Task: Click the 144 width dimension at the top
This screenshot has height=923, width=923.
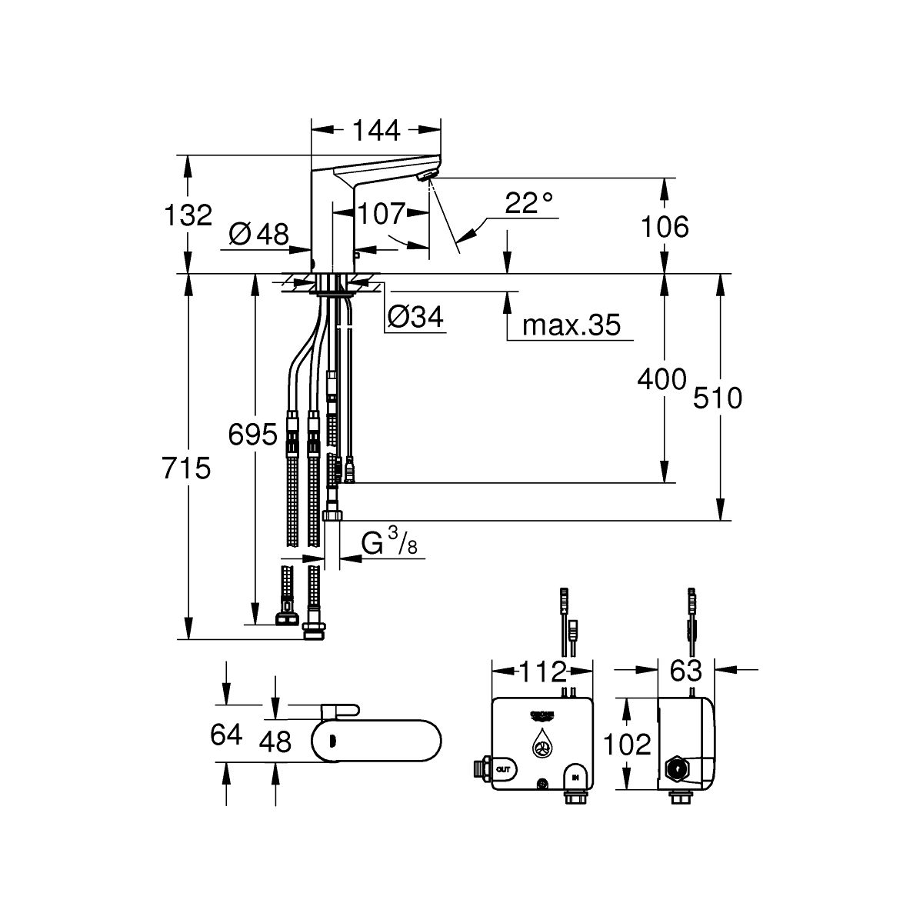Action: coord(376,130)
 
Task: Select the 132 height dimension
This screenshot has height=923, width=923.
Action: coord(188,215)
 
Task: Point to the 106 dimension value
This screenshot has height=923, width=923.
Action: coord(665,227)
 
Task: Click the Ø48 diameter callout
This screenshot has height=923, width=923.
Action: coord(258,235)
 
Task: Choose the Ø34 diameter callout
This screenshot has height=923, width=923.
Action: coord(415,317)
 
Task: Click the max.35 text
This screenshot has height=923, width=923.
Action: coord(571,325)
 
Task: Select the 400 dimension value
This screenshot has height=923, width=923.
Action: coord(662,379)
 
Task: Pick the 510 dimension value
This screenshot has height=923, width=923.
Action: coord(718,398)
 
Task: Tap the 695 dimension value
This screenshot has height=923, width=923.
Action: coord(252,435)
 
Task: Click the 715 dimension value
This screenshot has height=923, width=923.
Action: coord(186,468)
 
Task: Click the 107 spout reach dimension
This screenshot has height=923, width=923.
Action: coord(382,214)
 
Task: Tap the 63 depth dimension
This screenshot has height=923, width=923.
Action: coord(686,670)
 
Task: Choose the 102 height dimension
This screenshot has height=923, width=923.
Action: coord(627,745)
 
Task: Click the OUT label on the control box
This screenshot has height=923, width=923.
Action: coord(503,770)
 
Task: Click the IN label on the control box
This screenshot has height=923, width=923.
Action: coord(575,778)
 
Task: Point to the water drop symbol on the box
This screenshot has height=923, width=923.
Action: coord(543,743)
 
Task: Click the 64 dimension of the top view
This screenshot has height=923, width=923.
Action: coord(226,735)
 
